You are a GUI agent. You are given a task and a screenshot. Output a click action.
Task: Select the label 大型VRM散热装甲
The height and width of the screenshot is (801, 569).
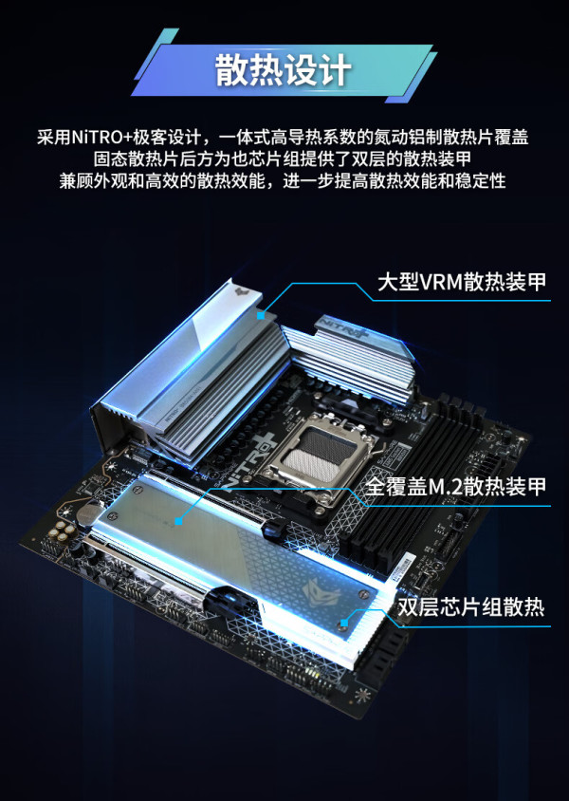click(x=462, y=282)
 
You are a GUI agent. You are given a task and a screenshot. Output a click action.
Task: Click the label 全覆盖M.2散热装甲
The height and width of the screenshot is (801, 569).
click(x=456, y=486)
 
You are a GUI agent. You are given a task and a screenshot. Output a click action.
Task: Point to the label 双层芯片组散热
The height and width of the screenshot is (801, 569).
click(x=471, y=606)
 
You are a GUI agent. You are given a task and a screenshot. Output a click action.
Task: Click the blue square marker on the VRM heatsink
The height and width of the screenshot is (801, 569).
click(x=261, y=316)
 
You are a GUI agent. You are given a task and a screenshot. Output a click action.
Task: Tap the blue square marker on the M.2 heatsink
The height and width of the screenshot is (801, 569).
click(x=178, y=521)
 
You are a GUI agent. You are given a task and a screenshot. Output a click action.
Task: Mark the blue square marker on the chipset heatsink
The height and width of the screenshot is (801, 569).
click(x=344, y=623)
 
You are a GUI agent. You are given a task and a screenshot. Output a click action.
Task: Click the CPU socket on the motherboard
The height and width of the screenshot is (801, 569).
click(x=316, y=451)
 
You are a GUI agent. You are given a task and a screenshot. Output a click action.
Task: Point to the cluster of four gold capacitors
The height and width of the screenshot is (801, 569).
click(x=63, y=531)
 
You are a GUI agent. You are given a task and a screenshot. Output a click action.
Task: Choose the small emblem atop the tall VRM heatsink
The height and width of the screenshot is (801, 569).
click(x=242, y=291)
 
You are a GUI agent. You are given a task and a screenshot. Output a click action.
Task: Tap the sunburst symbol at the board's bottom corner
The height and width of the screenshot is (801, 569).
click(x=363, y=695)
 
